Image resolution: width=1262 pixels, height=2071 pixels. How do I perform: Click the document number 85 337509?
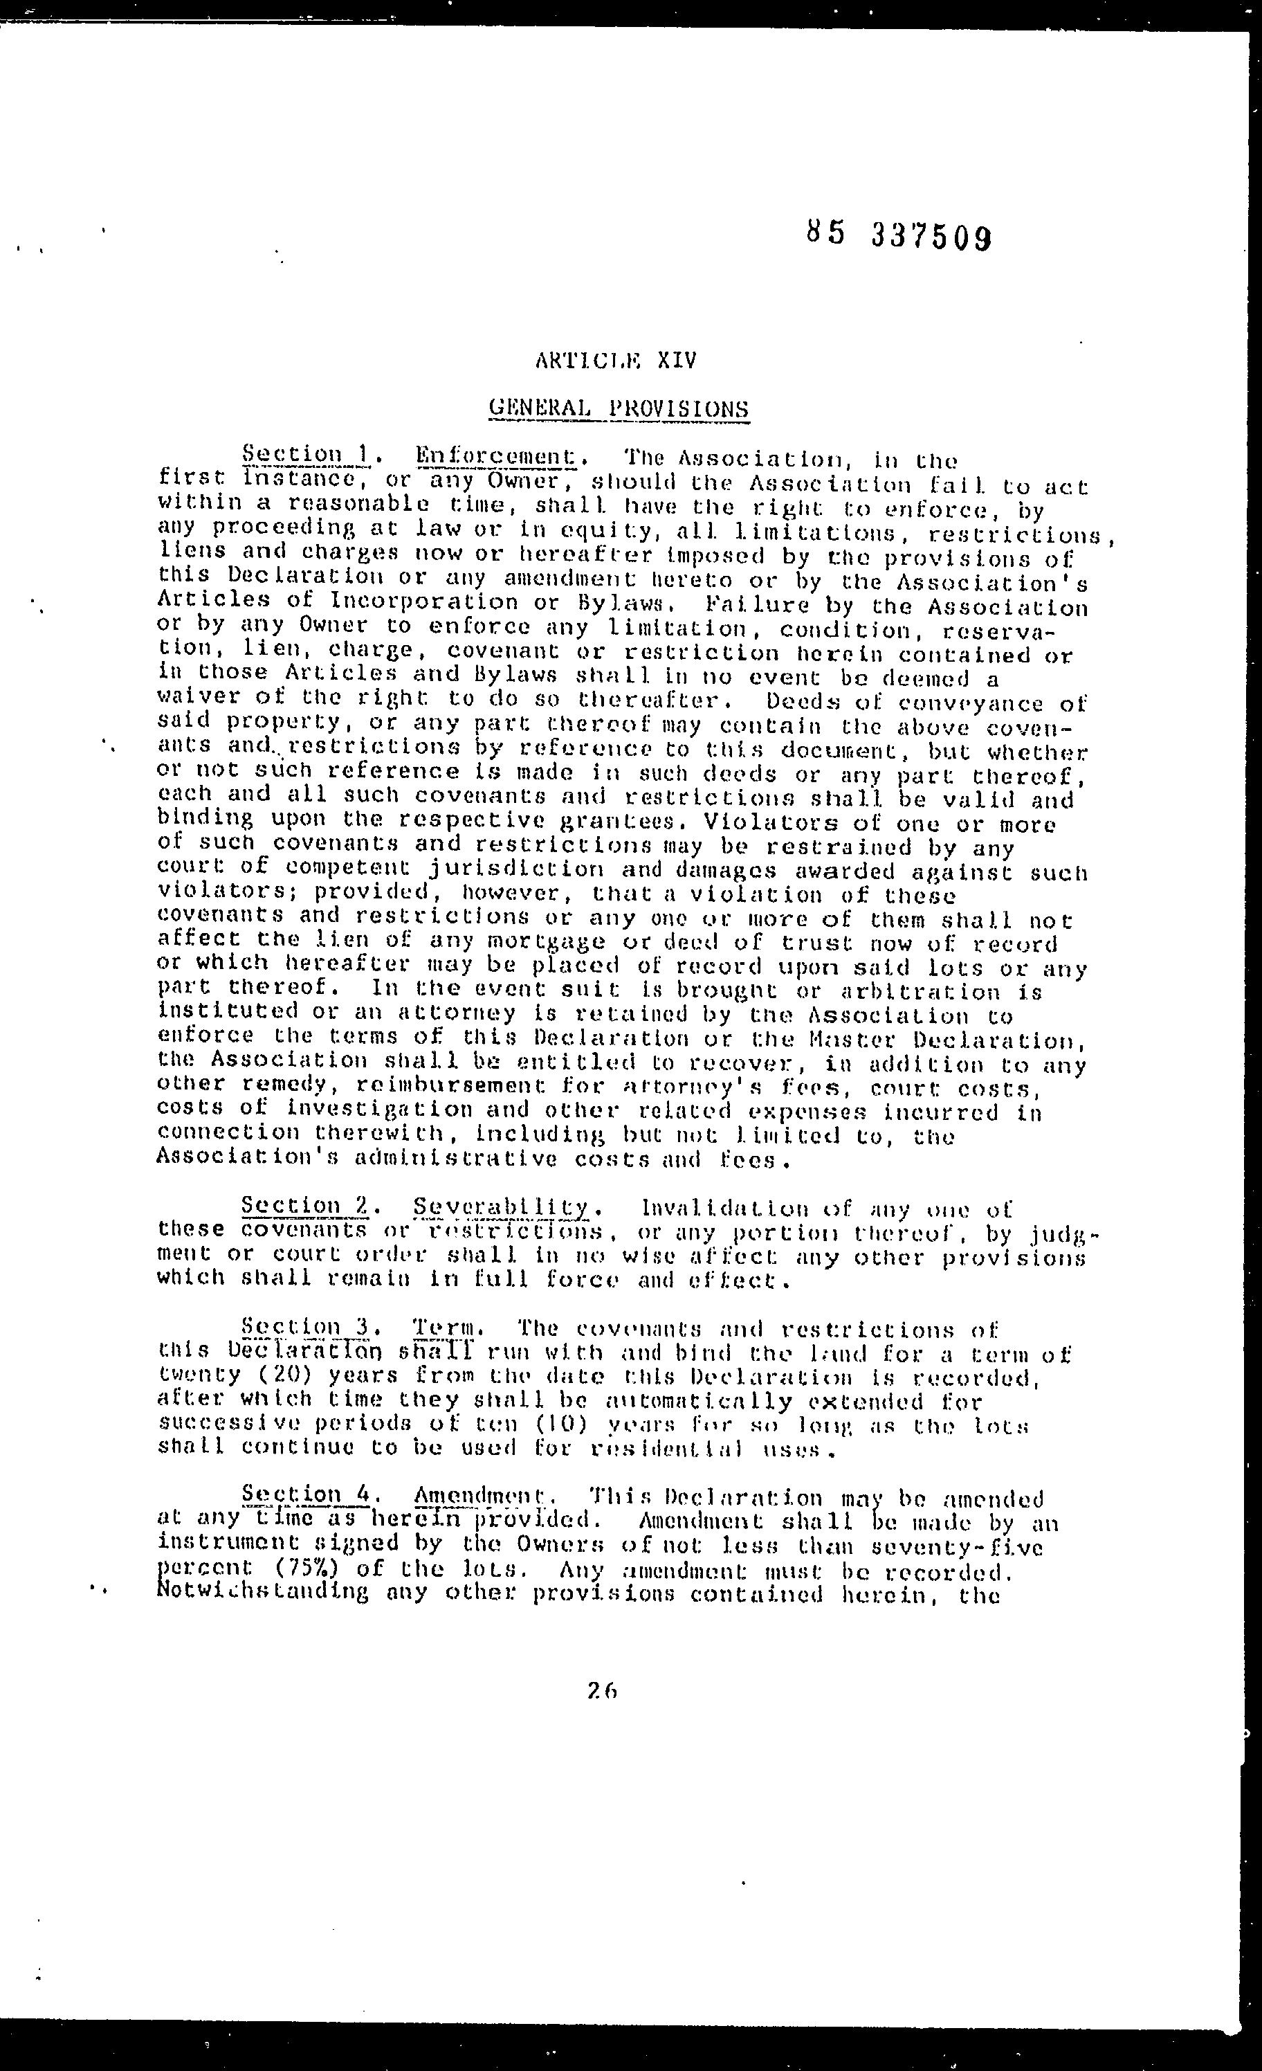click(898, 236)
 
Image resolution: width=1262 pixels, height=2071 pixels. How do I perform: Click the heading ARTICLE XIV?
click(616, 361)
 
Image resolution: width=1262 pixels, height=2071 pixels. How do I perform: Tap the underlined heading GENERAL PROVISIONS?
click(619, 408)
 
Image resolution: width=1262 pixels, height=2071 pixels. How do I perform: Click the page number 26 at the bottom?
click(603, 1690)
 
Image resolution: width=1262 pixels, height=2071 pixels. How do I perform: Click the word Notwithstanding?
click(262, 1592)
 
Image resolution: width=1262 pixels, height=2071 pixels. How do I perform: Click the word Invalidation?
click(725, 1209)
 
